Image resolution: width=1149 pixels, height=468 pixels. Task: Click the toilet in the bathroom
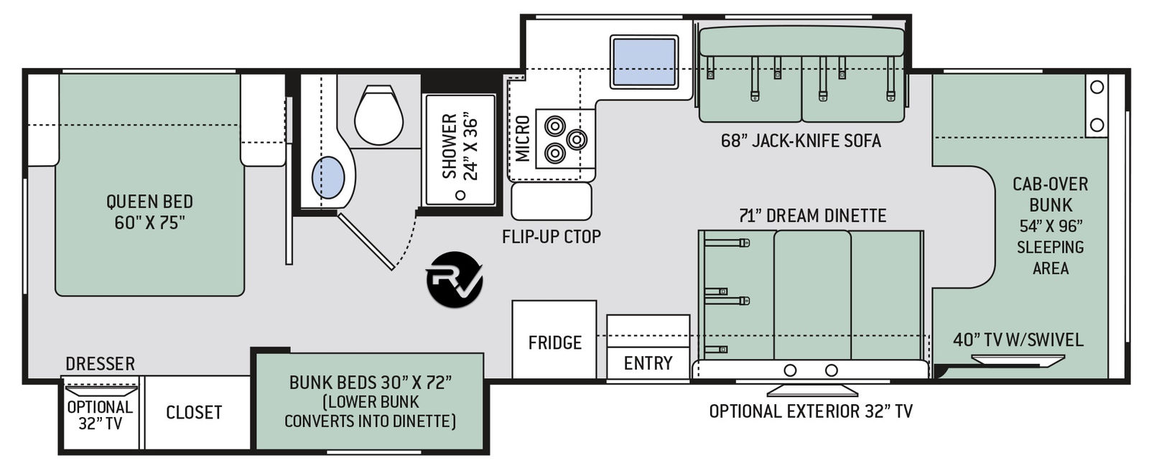pos(378,116)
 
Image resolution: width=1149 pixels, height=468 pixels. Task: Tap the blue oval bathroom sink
pos(328,177)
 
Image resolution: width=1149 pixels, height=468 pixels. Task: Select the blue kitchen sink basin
pos(644,62)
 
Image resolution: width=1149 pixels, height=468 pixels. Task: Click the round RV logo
pos(455,279)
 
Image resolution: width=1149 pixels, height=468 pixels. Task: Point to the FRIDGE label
pos(555,342)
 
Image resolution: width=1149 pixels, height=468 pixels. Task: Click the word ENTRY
pos(648,363)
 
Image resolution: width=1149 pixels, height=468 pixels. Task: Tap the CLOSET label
pos(194,412)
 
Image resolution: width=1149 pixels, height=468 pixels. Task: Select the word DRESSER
pos(100,364)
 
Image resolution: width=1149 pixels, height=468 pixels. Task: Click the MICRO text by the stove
pos(522,139)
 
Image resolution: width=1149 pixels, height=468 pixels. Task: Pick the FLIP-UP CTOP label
pos(552,237)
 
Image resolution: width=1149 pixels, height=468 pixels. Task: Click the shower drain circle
pos(460,195)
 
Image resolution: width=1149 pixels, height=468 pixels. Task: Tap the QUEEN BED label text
pos(150,202)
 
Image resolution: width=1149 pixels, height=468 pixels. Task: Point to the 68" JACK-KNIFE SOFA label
pos(801,141)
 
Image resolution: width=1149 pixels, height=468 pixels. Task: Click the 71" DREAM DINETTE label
pos(812,216)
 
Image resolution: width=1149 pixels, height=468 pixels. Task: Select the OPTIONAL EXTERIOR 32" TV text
pos(811,411)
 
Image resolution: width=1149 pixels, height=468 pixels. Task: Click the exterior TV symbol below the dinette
pos(812,390)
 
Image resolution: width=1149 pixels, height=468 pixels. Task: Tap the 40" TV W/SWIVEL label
pos(1018,340)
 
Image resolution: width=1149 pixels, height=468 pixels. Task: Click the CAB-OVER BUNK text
pos(1050,195)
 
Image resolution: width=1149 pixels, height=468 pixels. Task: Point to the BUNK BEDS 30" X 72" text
pos(371,383)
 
